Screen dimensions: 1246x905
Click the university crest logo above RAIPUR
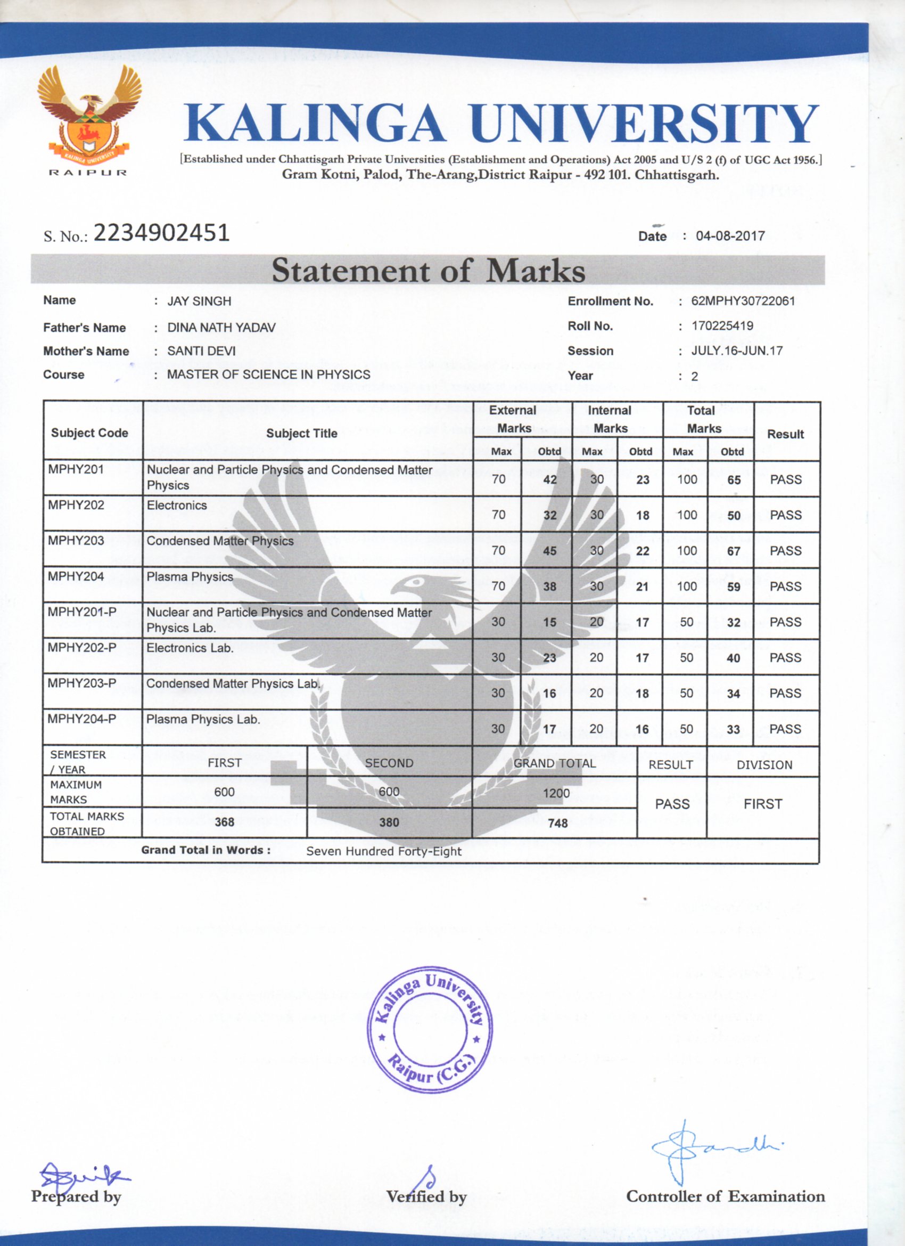(x=89, y=112)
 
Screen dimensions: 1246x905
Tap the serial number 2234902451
(x=161, y=233)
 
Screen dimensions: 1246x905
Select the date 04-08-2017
(x=730, y=236)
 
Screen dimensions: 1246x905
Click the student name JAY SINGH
(x=199, y=302)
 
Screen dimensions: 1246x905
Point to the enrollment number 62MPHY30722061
(x=743, y=301)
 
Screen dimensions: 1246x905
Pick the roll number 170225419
(x=722, y=326)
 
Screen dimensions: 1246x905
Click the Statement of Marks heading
(x=429, y=270)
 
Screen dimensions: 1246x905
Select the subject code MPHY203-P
(x=82, y=683)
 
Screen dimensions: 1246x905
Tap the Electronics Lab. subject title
(x=190, y=648)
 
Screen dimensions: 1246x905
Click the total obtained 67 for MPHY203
(x=734, y=551)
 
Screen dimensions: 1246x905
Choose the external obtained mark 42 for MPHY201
(x=550, y=479)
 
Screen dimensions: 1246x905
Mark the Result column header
(x=785, y=434)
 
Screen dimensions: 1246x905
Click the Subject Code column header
(x=89, y=433)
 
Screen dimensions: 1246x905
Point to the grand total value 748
(x=557, y=823)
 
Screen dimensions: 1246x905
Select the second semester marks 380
(x=389, y=822)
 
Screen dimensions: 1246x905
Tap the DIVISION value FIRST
(x=763, y=804)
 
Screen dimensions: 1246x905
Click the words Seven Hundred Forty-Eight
(x=384, y=851)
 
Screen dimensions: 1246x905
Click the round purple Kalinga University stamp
(x=430, y=1030)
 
